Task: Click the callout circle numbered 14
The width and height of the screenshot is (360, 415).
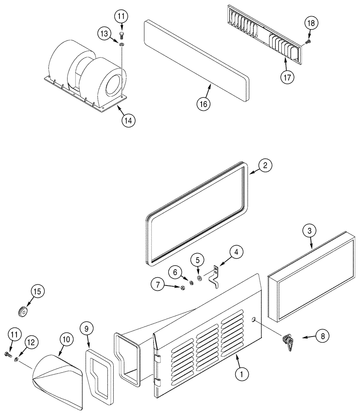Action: click(x=129, y=120)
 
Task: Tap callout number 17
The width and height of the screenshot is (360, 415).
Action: click(x=287, y=78)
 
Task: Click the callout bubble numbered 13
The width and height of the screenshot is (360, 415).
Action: click(x=105, y=32)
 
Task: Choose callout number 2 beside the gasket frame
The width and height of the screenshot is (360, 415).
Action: click(x=265, y=165)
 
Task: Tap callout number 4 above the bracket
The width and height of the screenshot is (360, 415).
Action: click(x=236, y=251)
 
